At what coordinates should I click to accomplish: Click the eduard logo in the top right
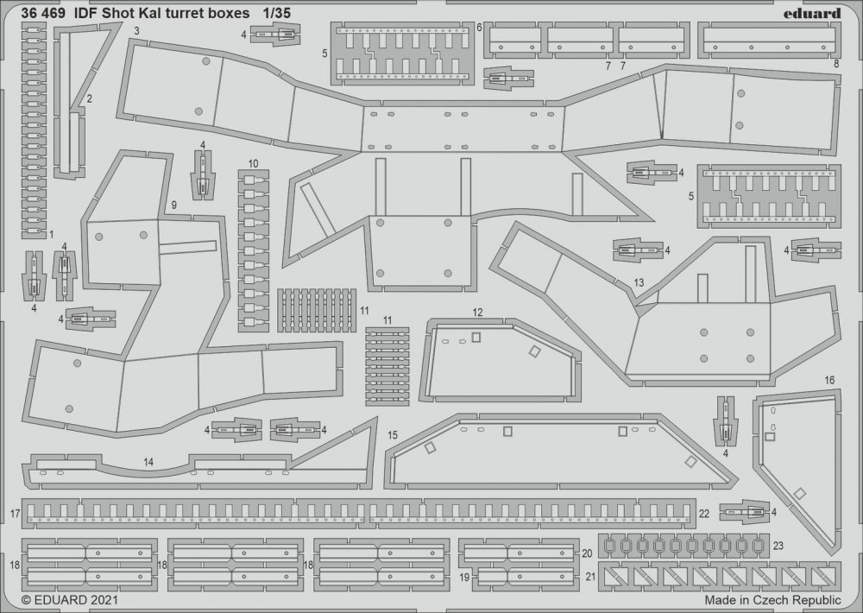[812, 13]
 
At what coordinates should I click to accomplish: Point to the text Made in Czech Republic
[772, 600]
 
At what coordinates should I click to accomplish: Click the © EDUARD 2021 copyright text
[69, 600]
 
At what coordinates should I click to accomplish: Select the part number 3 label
[136, 31]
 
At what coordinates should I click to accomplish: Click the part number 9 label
[174, 205]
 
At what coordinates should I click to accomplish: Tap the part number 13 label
[639, 283]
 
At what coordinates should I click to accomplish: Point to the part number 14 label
[148, 463]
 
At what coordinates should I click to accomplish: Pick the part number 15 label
[392, 435]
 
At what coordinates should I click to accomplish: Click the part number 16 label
[830, 380]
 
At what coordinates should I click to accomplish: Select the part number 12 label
[477, 313]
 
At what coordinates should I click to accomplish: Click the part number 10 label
[253, 163]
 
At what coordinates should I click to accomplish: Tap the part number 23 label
[778, 546]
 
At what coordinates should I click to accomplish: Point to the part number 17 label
[15, 515]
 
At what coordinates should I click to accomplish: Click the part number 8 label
[836, 64]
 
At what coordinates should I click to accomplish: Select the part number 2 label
[89, 99]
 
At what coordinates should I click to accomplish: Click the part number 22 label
[704, 514]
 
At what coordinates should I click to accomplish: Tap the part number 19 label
[464, 578]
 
